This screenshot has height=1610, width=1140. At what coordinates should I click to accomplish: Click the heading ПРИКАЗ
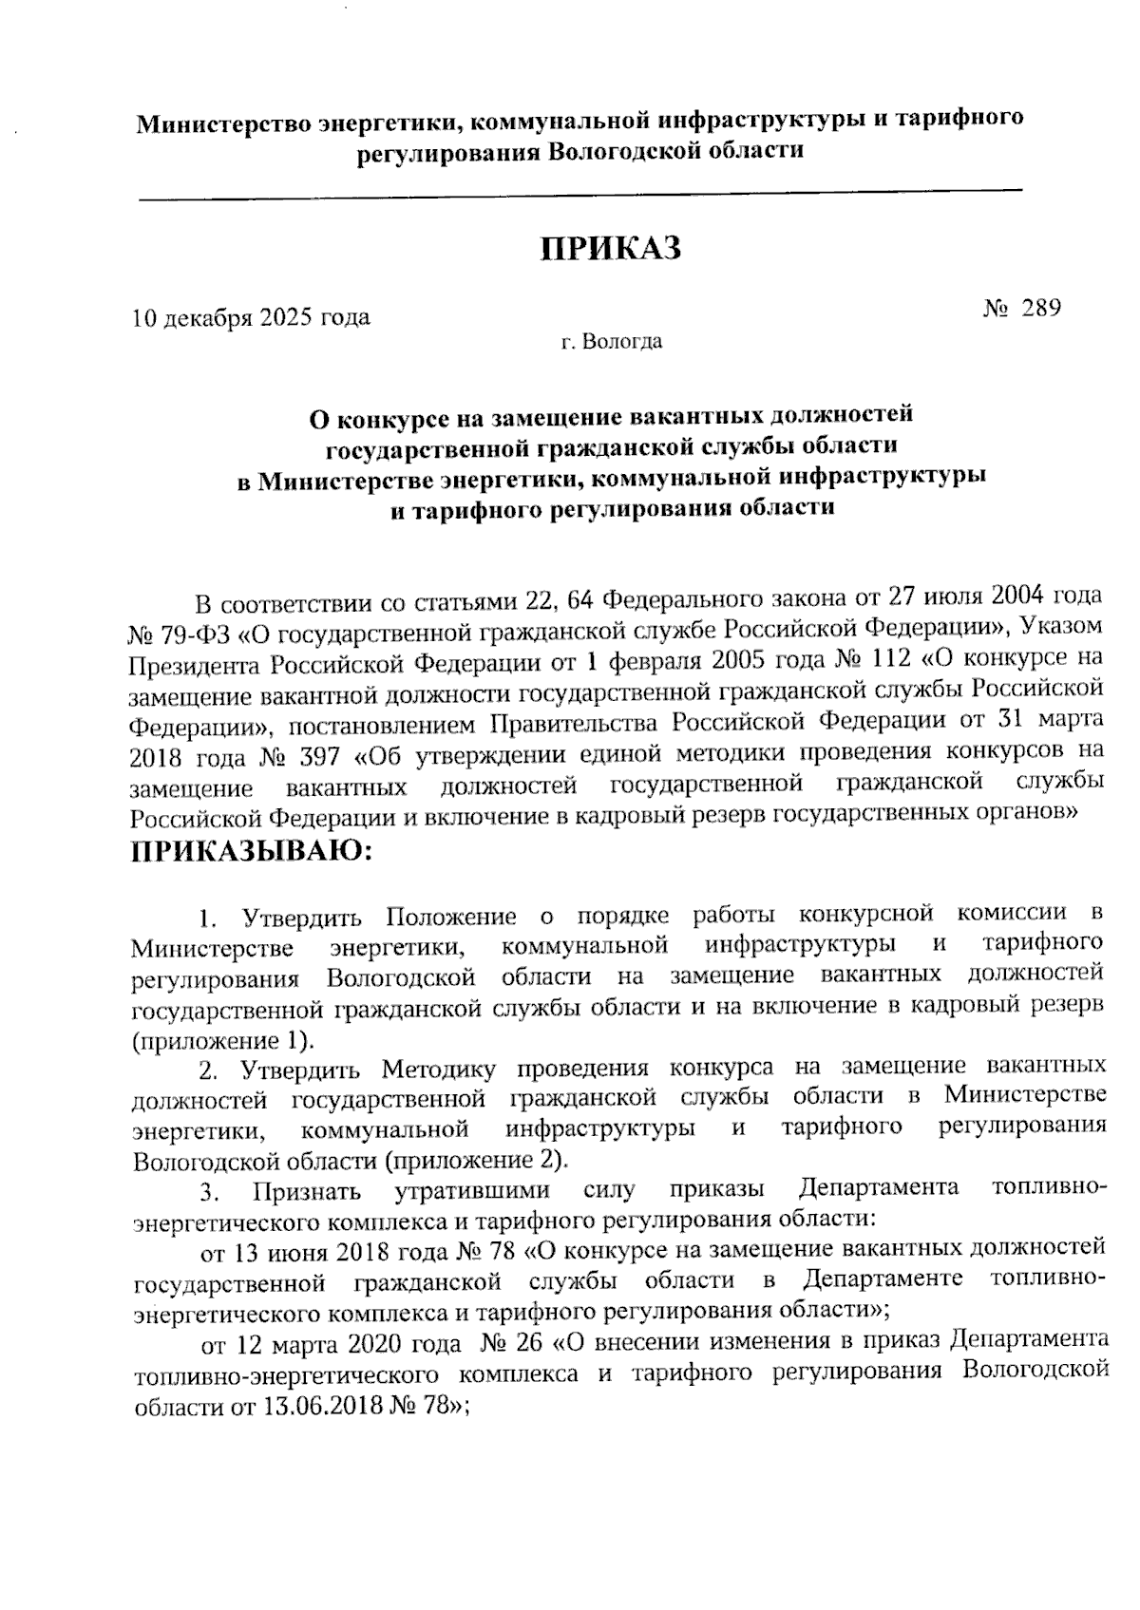612,250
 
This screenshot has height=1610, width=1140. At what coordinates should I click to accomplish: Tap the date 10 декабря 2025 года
251,317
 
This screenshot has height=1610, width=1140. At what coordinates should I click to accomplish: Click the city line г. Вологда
611,342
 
